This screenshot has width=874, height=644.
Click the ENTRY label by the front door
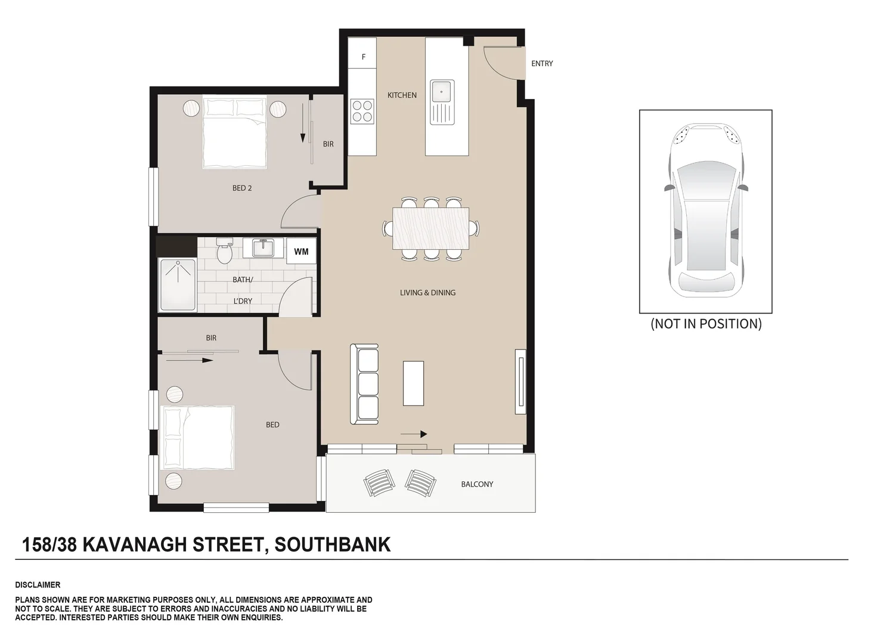[x=542, y=63]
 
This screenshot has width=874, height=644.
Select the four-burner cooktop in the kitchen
[x=362, y=111]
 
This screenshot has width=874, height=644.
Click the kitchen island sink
[x=442, y=102]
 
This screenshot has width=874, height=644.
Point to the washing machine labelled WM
[x=301, y=251]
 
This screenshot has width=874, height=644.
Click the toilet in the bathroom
[x=224, y=252]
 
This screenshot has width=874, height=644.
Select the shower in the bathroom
[x=177, y=285]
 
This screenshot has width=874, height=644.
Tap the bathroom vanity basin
[x=262, y=247]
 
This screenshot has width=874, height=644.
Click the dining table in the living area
[x=430, y=228]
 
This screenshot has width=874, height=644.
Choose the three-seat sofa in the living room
[x=364, y=384]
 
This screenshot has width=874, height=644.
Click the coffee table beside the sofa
[x=413, y=383]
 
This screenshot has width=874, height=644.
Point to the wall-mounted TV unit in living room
[x=520, y=382]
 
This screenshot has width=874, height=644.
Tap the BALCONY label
[x=477, y=484]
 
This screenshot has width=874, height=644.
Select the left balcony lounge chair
[x=379, y=482]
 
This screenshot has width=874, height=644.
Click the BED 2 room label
[x=242, y=188]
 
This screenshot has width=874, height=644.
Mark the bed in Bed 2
[x=234, y=132]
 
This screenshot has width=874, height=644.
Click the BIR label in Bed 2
[x=328, y=144]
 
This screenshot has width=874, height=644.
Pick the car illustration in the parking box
[x=706, y=210]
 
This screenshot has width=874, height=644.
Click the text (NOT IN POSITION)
[x=706, y=324]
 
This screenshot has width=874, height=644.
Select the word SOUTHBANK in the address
[x=332, y=544]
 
